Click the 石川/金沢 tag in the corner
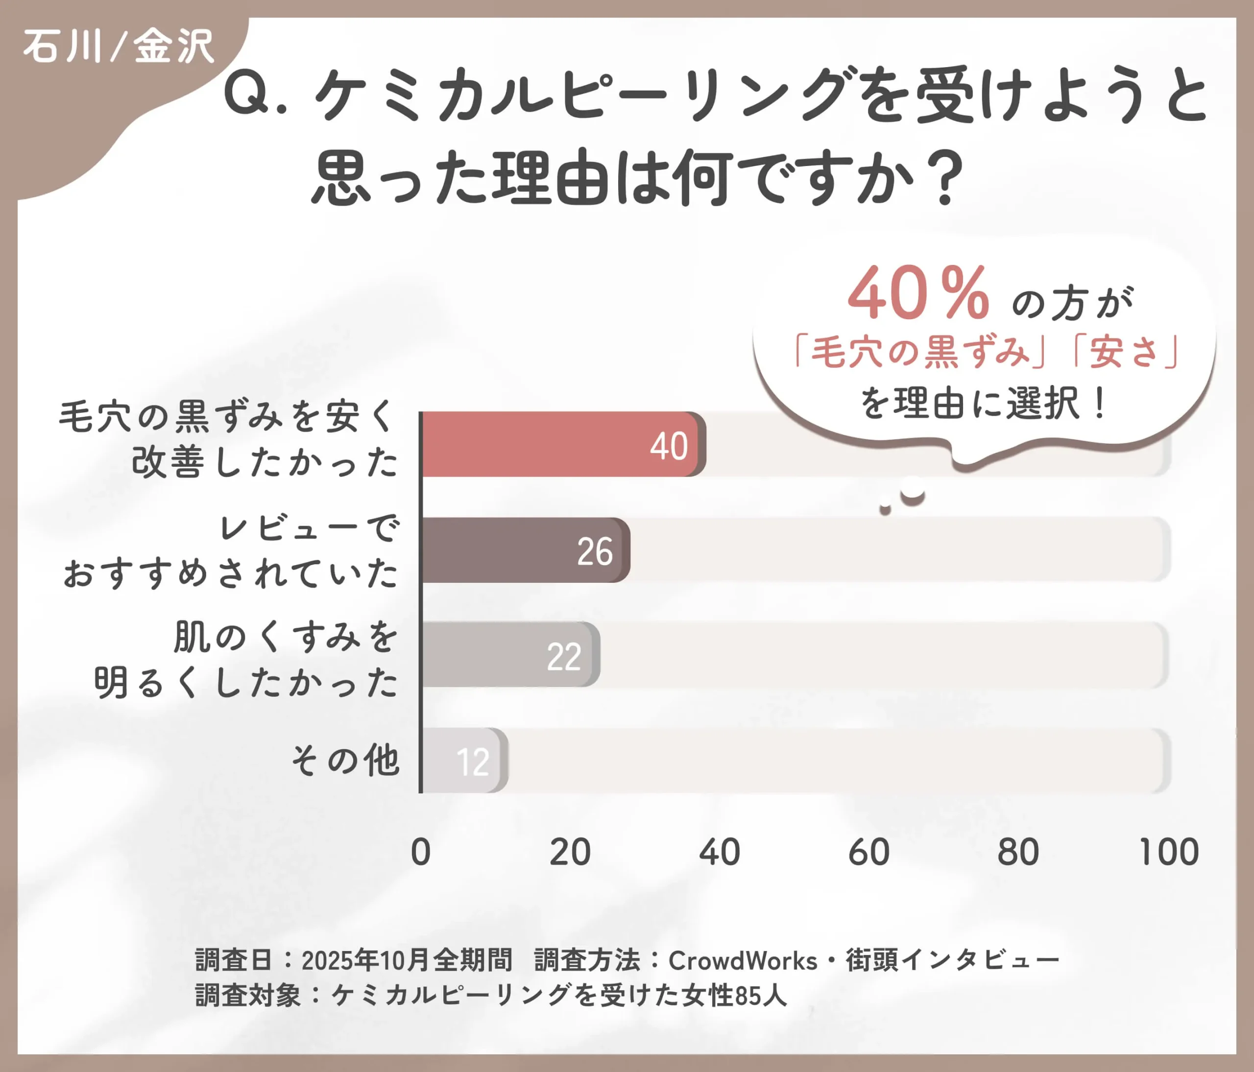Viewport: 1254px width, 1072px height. tap(119, 47)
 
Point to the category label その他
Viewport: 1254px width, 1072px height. tap(345, 760)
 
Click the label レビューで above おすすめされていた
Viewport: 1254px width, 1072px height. tap(309, 527)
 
